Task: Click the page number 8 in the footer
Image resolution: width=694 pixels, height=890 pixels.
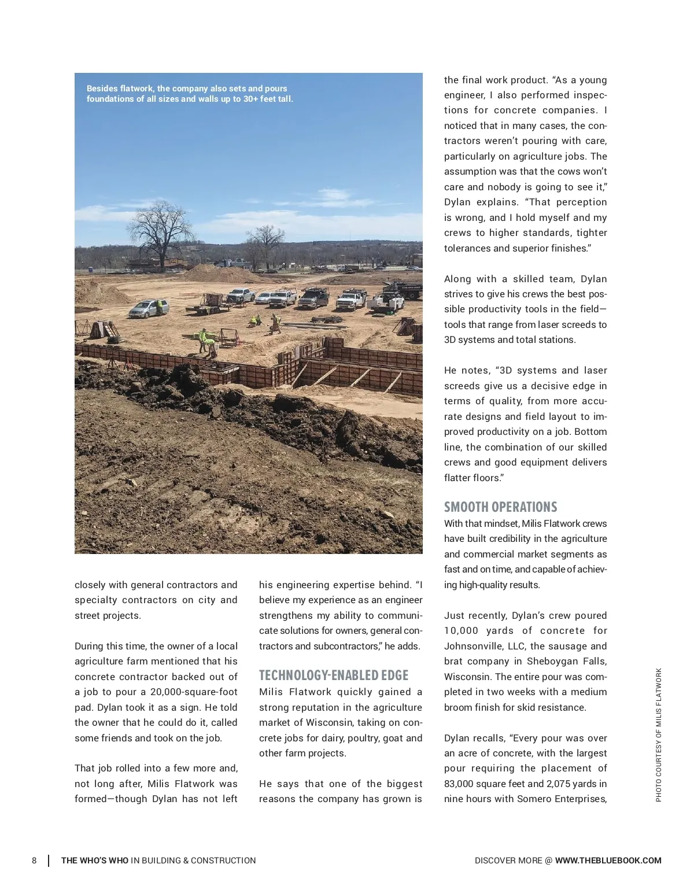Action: pos(34,861)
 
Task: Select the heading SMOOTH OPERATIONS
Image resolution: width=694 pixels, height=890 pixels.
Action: pos(500,507)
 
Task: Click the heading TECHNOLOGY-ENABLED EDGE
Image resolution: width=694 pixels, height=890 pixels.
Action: pos(334,675)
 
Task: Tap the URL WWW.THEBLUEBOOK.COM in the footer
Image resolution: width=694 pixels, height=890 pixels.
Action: pos(608,861)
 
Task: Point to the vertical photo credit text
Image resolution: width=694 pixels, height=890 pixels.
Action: pos(658,735)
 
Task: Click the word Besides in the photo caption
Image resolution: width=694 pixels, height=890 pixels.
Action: pos(103,88)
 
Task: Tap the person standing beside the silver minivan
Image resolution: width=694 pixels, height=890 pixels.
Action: pos(159,307)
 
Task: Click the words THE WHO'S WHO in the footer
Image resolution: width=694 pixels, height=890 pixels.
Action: pos(95,861)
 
